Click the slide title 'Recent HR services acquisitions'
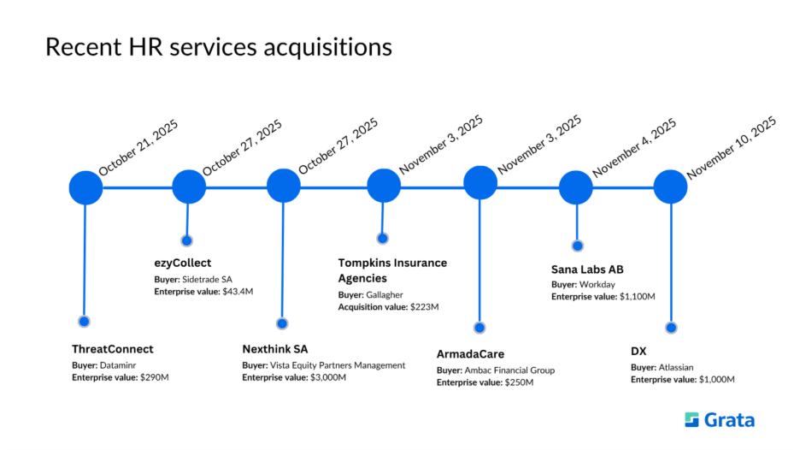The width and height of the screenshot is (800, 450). [218, 47]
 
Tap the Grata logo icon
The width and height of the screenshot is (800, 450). [692, 419]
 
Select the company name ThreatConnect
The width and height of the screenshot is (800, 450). [113, 349]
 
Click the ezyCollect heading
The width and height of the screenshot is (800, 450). [182, 263]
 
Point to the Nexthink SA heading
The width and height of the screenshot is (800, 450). [274, 349]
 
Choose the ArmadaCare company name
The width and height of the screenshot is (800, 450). [470, 353]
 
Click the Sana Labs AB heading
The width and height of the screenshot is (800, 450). [587, 269]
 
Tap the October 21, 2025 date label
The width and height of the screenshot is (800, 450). [138, 147]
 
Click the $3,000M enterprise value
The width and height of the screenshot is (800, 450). [327, 377]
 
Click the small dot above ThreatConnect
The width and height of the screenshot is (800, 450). [84, 322]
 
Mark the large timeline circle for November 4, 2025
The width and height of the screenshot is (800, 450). [576, 187]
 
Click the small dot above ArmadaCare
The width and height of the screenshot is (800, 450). [479, 328]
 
